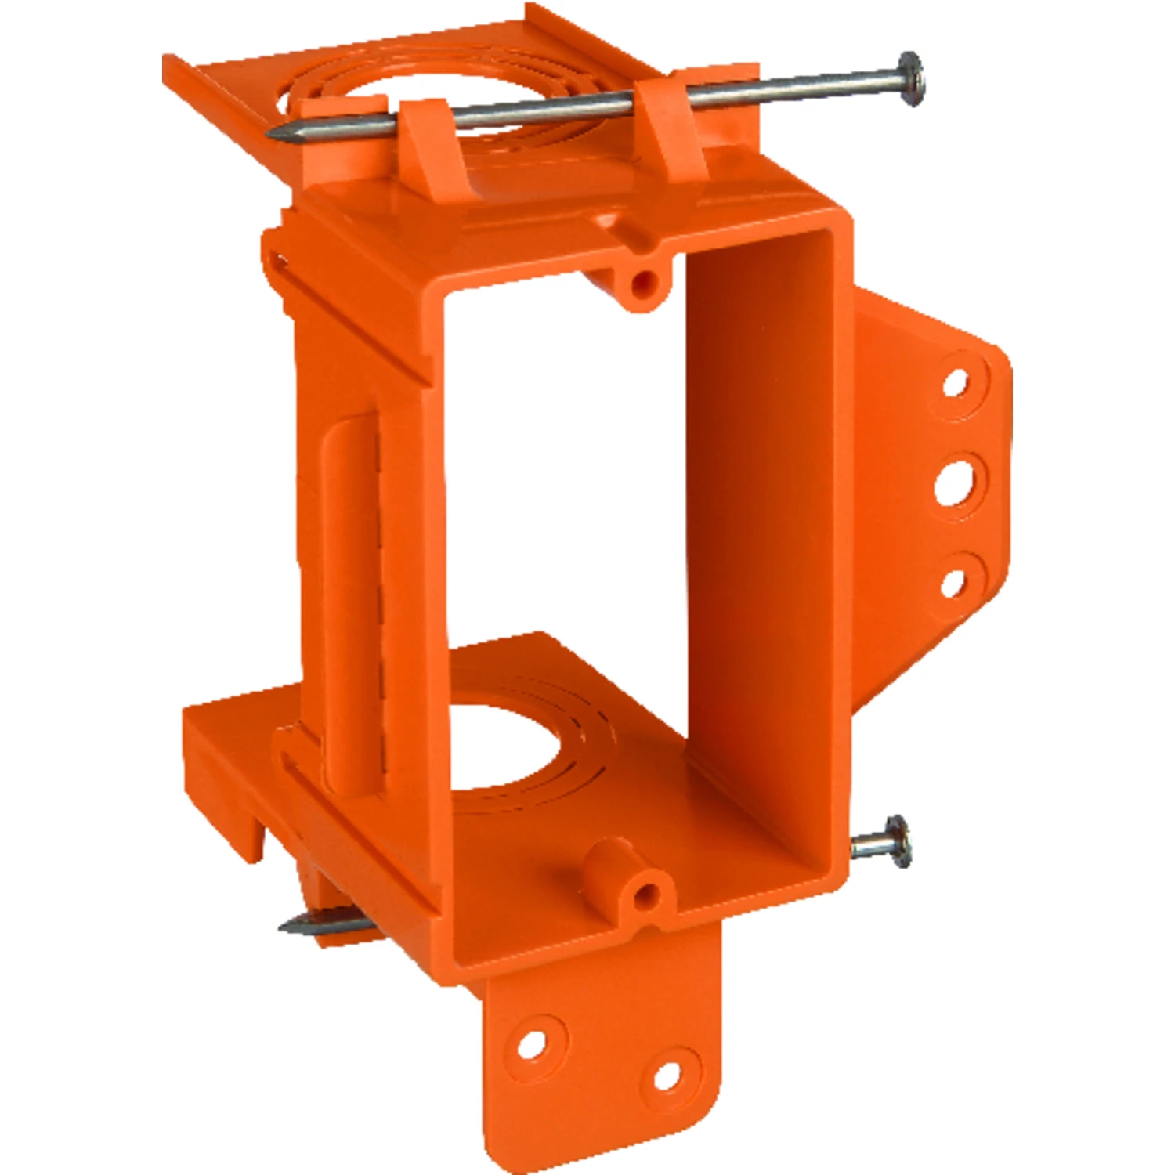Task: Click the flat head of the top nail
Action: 910,78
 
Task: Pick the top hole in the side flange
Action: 954,383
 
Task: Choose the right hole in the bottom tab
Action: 667,1075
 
